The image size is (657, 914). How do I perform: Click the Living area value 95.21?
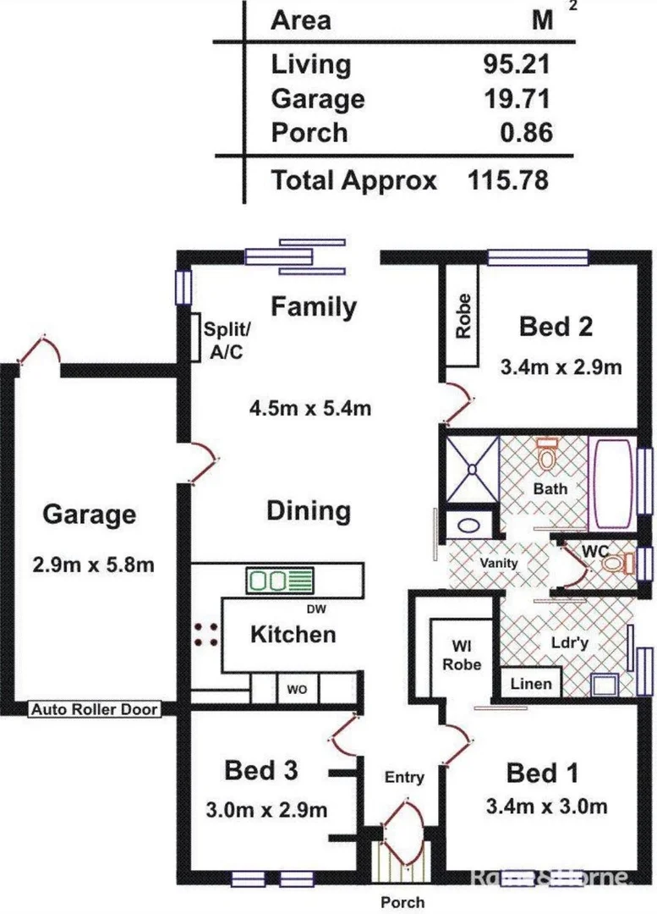(x=516, y=64)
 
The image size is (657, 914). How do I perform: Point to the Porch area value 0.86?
(x=526, y=132)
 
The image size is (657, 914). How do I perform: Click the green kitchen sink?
(x=280, y=581)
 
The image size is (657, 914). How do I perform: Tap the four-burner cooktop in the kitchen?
(x=206, y=635)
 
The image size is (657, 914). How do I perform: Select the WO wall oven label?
(x=297, y=691)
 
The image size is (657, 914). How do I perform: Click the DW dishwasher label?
(x=315, y=609)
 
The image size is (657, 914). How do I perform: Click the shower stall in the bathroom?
(x=473, y=469)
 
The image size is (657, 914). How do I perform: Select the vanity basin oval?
(x=469, y=526)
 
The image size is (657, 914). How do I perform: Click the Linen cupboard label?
(x=531, y=684)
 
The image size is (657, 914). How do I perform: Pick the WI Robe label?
(x=462, y=655)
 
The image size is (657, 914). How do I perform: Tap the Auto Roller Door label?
(x=95, y=709)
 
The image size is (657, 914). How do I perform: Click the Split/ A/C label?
(x=227, y=340)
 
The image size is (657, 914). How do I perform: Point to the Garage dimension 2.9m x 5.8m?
(x=93, y=564)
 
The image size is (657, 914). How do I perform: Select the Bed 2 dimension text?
(x=561, y=367)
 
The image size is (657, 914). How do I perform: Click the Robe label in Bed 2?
(x=463, y=316)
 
